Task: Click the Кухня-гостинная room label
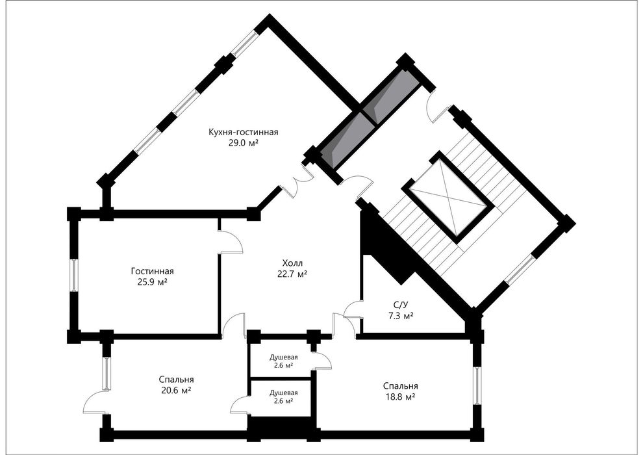pos(243,132)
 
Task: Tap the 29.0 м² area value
pos(243,143)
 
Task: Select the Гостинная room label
pos(153,271)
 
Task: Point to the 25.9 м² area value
pos(153,282)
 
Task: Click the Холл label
pos(292,263)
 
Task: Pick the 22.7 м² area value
pos(292,274)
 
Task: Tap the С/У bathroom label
pos(401,305)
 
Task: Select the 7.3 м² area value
pos(401,316)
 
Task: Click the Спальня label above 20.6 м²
pos(176,380)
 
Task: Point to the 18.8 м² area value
pos(401,397)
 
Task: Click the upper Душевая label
pos(283,357)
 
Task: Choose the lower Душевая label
pos(283,393)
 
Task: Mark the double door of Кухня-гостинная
pos(299,183)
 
